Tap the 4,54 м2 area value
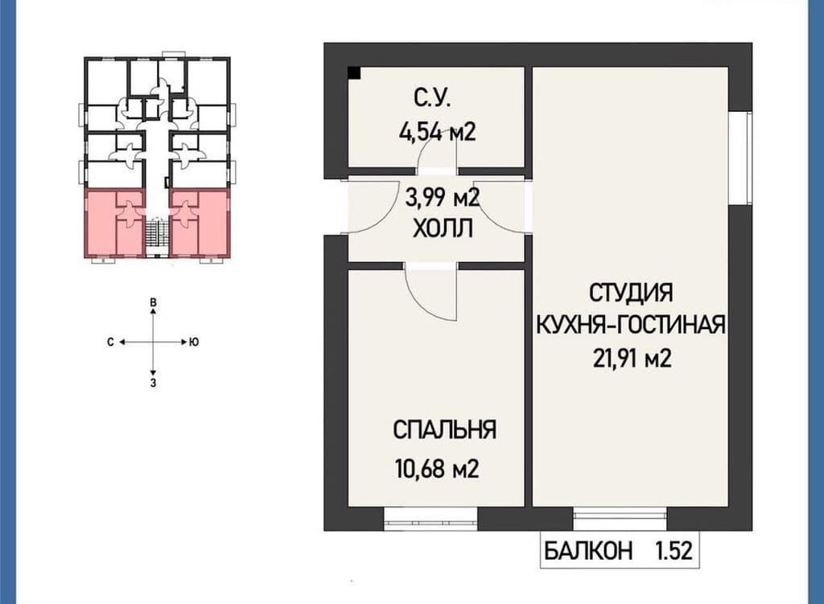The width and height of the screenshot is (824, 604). click(438, 131)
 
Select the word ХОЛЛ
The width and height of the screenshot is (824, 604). click(443, 229)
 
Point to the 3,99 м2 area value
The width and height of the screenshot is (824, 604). click(443, 198)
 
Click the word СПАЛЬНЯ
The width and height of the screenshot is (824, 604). click(444, 429)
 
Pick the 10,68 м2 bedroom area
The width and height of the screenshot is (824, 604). click(437, 468)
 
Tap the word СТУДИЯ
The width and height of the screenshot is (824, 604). click(631, 293)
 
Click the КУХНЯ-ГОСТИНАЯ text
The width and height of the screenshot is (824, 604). click(631, 325)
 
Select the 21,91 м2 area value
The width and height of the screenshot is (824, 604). click(632, 359)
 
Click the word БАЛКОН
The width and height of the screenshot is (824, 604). click(588, 551)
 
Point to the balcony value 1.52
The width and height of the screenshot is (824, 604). click(674, 551)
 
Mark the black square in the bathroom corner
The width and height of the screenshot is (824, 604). click(354, 73)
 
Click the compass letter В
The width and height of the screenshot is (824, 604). click(153, 302)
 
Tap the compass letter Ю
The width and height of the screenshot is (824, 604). click(194, 343)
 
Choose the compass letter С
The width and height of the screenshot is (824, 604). click(110, 343)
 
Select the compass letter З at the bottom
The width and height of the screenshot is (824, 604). click(153, 383)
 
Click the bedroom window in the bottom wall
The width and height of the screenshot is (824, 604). click(431, 519)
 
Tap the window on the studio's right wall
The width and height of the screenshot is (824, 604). click(740, 158)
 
